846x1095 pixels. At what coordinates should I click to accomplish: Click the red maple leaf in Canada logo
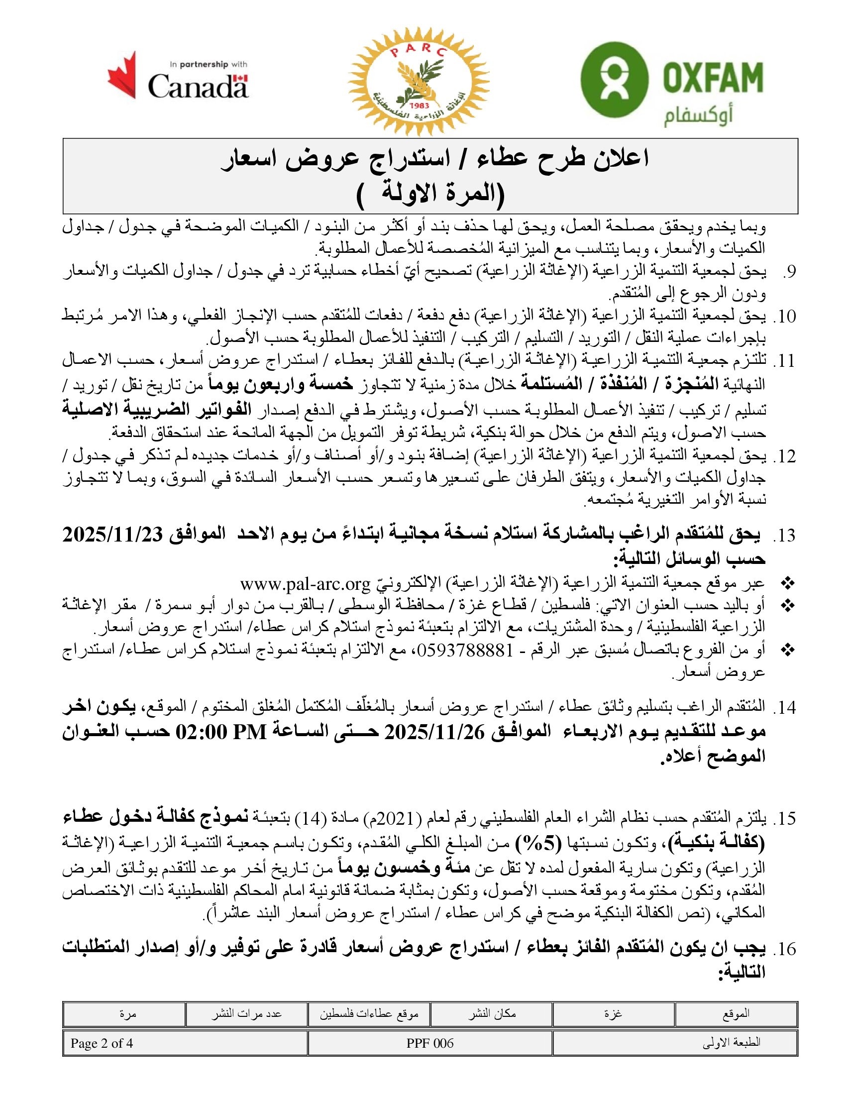pyautogui.click(x=122, y=75)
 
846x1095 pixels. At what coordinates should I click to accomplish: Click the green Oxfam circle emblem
pyautogui.click(x=614, y=79)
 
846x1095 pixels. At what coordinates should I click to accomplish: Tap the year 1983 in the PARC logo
pyautogui.click(x=419, y=106)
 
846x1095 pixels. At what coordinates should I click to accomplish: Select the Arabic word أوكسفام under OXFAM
pyautogui.click(x=698, y=117)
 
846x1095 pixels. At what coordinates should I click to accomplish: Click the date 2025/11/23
pyautogui.click(x=113, y=535)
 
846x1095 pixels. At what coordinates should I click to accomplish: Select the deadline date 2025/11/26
pyautogui.click(x=434, y=733)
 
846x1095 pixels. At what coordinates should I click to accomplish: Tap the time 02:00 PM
pyautogui.click(x=220, y=733)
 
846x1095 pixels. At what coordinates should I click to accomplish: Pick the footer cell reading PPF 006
pyautogui.click(x=429, y=1043)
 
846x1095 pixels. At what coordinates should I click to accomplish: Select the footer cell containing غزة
pyautogui.click(x=613, y=1014)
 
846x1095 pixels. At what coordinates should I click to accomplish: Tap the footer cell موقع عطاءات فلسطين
pyautogui.click(x=369, y=1014)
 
